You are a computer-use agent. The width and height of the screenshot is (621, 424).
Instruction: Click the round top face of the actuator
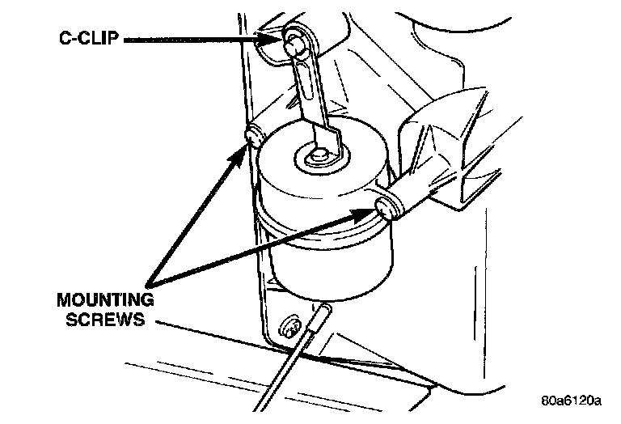(x=323, y=166)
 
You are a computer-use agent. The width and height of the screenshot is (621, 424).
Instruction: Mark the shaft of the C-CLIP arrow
(x=194, y=37)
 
